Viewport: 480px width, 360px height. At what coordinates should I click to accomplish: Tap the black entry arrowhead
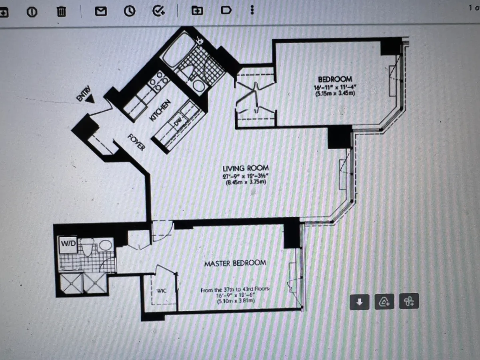tap(90, 100)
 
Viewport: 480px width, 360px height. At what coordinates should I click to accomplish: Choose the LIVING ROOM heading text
tap(246, 168)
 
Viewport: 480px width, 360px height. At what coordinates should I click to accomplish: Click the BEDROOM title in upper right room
tap(335, 80)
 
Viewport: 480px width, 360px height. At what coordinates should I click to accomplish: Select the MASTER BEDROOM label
tap(235, 263)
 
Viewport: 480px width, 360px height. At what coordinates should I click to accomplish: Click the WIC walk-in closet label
tap(161, 291)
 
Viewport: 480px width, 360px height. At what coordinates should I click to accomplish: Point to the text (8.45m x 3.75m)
tap(246, 183)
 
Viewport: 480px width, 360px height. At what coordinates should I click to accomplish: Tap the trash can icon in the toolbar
tap(61, 12)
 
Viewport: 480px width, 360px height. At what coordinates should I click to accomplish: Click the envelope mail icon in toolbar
tap(101, 12)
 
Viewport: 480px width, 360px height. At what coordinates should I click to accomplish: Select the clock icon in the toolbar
tap(129, 12)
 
